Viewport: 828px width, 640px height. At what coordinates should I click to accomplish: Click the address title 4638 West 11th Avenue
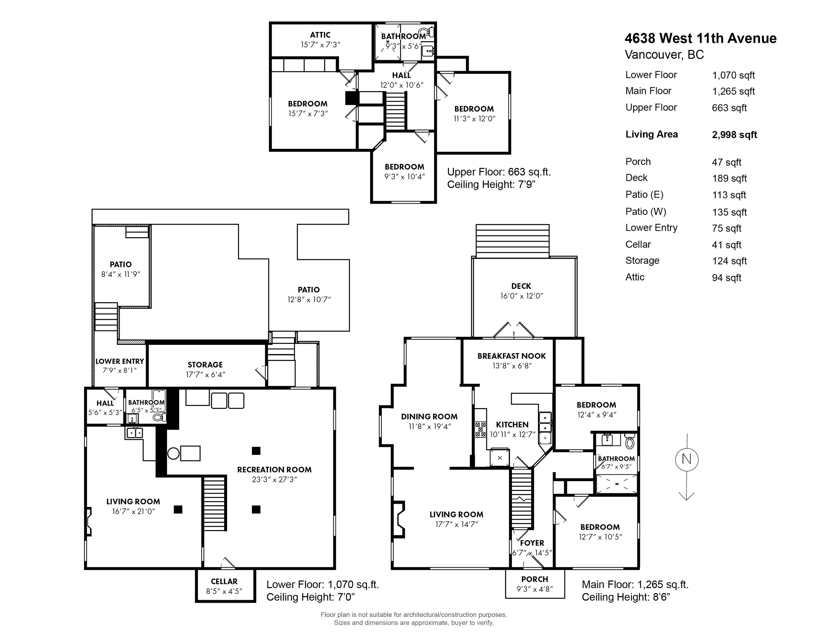[x=700, y=38]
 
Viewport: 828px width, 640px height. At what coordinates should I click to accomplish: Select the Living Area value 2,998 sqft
[x=734, y=135]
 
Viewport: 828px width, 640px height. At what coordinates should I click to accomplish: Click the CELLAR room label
[x=224, y=581]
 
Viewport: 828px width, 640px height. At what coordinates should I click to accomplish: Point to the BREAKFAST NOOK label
[x=511, y=356]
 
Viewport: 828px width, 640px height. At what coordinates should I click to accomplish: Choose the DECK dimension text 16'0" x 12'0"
[x=522, y=296]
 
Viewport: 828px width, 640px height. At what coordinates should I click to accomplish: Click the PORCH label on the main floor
[x=535, y=579]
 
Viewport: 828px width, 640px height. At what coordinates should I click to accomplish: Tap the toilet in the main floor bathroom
[x=630, y=441]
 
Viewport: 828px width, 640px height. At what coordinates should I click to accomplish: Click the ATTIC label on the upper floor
[x=320, y=35]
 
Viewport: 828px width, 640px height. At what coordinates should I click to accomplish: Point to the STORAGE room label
[x=205, y=365]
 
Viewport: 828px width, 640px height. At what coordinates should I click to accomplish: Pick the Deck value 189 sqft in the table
[x=729, y=179]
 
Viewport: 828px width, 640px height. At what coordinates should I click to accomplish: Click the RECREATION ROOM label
[x=274, y=469]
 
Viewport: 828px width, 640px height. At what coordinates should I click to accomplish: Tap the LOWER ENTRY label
[x=120, y=361]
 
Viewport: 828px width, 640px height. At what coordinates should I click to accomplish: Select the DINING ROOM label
[x=429, y=416]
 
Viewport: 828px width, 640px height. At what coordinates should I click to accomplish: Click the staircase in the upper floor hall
[x=396, y=111]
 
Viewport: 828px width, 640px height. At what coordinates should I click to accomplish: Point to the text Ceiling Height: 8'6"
[x=626, y=597]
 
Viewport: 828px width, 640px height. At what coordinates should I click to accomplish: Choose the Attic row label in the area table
[x=635, y=277]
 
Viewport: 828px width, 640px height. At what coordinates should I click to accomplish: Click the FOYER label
[x=532, y=543]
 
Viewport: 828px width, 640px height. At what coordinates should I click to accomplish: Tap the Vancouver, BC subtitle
[x=664, y=55]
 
